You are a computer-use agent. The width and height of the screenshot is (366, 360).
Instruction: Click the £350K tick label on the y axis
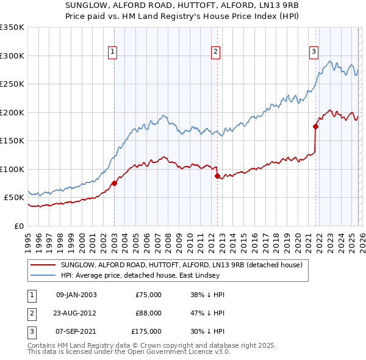tap(12, 27)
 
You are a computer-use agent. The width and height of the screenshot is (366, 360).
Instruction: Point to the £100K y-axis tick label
tap(12, 169)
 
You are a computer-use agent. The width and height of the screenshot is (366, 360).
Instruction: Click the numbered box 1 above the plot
tap(113, 52)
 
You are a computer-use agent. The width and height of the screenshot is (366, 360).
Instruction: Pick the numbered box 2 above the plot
tap(216, 52)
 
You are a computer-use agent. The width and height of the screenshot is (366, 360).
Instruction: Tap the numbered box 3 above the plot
tap(314, 52)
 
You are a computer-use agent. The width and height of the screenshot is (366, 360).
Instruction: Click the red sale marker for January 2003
tap(114, 183)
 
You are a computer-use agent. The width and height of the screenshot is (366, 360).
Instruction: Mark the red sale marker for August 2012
tap(218, 176)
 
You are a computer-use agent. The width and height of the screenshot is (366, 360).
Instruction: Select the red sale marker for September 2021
tap(315, 127)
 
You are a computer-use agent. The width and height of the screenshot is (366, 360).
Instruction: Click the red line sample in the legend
tap(43, 265)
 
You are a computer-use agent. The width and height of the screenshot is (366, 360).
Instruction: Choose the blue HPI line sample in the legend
tap(43, 275)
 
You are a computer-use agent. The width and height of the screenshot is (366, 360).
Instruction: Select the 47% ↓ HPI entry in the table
tap(207, 313)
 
